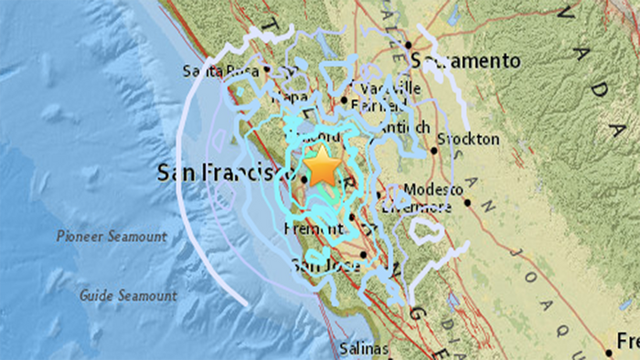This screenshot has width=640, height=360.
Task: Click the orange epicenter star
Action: [323, 167]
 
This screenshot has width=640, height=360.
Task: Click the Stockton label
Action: [469, 139]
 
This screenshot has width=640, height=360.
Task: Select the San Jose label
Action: [321, 266]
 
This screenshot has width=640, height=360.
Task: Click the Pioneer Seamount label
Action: [111, 237]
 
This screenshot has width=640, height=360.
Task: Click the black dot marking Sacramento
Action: [410, 45]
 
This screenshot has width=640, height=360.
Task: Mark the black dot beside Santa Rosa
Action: [266, 69]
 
